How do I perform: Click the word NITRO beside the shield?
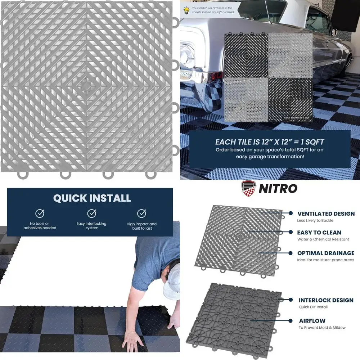(278, 188)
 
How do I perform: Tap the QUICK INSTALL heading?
(92, 198)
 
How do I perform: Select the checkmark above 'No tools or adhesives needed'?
(40, 213)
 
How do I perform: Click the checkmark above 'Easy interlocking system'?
(91, 213)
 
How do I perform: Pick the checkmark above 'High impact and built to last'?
(141, 213)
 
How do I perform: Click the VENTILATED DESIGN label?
(325, 213)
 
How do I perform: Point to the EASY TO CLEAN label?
(319, 233)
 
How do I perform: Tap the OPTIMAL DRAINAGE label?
(325, 253)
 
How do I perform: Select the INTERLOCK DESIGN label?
(326, 300)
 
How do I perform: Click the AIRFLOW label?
(312, 320)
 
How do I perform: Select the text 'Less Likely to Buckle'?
(315, 220)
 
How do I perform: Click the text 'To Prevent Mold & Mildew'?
(322, 328)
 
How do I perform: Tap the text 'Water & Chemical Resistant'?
(323, 239)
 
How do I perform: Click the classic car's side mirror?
(334, 32)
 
